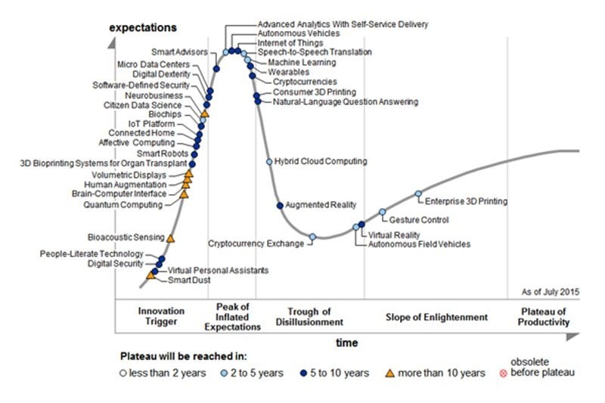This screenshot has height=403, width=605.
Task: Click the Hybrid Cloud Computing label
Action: coord(321,162)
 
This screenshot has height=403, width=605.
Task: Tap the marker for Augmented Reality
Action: coord(279,205)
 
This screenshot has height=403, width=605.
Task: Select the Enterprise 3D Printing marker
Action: coord(418,194)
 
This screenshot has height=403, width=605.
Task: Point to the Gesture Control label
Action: coord(419,220)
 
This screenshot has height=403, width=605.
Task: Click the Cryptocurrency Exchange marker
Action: coord(312,237)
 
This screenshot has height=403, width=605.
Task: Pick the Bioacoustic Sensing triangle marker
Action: coord(171,239)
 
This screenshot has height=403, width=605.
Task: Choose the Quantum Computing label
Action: coord(123,205)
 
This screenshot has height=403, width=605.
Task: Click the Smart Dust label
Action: coord(189,281)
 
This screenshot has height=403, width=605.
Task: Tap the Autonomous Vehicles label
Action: coord(299,34)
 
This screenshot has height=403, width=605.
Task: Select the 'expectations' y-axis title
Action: coord(143,28)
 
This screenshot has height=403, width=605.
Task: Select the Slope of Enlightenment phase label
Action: coord(436,317)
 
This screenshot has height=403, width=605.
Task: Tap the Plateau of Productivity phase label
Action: coord(543,317)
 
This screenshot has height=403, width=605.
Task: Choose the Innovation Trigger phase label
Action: coord(162,317)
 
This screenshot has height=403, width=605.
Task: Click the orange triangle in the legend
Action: coord(390,372)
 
